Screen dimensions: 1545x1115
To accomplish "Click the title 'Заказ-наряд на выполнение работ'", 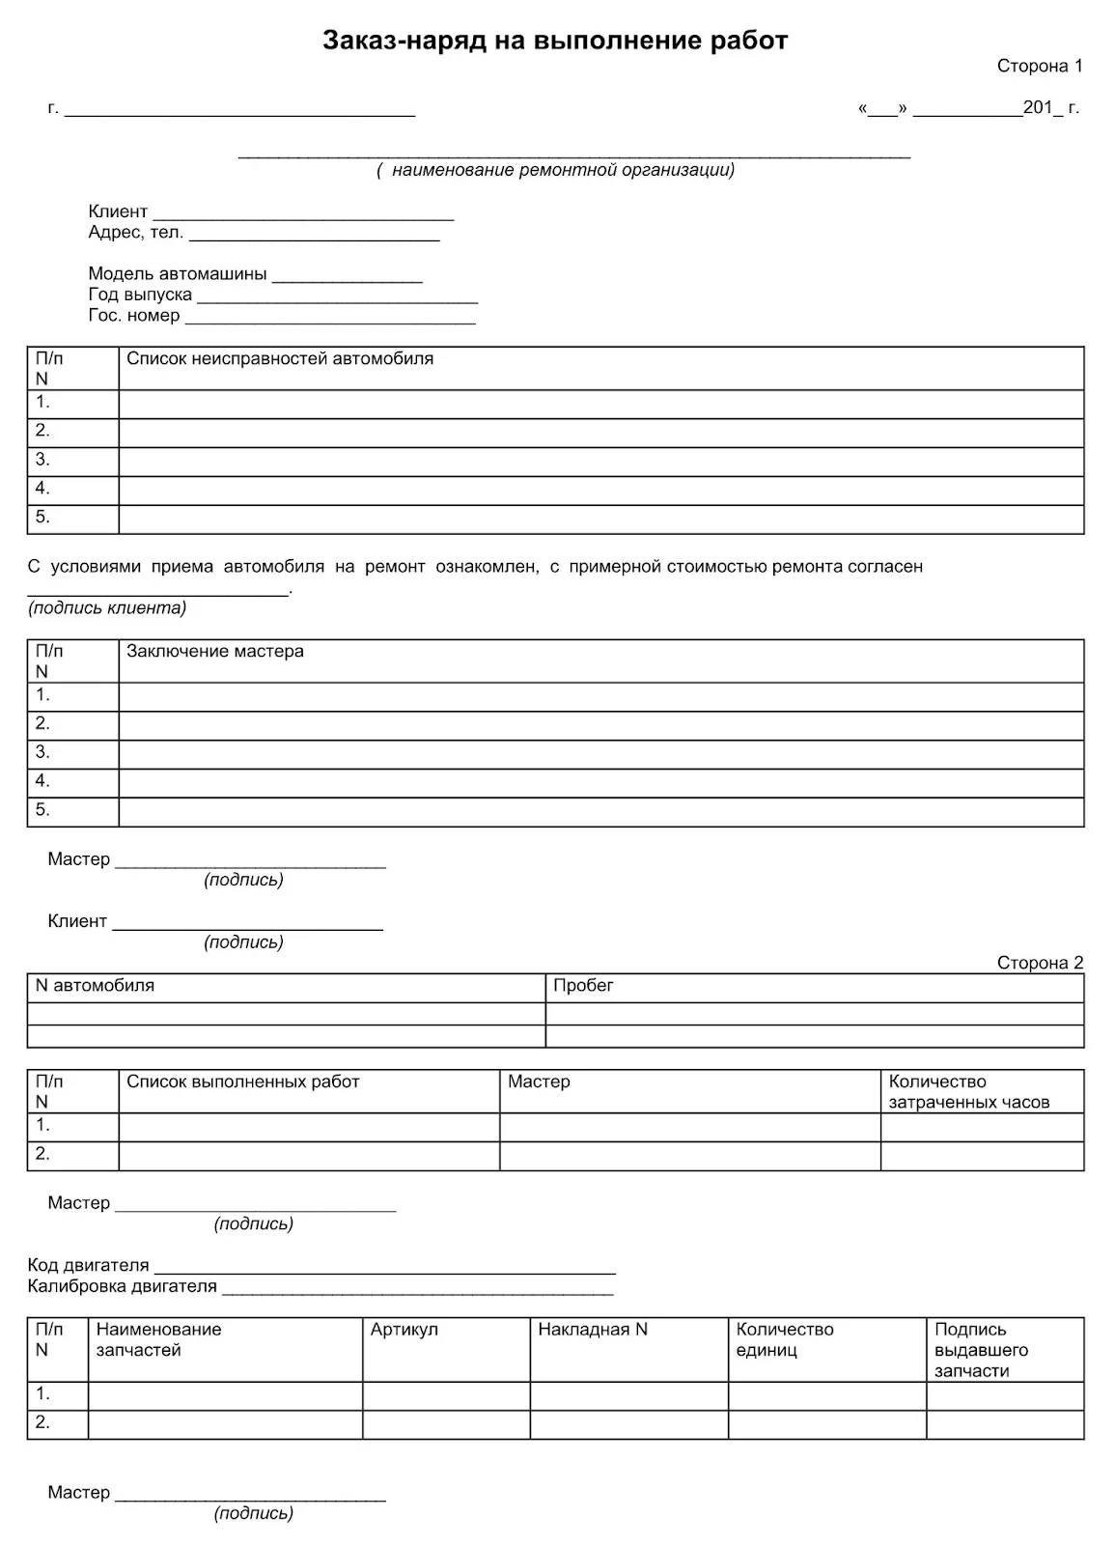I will tap(555, 41).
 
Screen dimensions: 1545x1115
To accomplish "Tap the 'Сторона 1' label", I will tap(1040, 67).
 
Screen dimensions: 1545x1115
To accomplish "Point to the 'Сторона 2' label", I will tap(1040, 963).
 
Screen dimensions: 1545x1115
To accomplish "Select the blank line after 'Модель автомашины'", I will tap(348, 278).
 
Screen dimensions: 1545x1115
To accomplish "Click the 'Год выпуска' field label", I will tap(140, 295).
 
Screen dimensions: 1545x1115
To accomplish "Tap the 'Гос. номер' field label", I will tap(134, 316).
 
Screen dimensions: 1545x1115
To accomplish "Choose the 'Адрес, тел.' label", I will tap(135, 233).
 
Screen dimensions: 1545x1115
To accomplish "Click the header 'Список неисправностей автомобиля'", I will tap(280, 359).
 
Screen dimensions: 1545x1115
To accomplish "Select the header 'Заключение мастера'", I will tap(215, 652).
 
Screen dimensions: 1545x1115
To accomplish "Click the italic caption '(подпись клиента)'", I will tap(107, 608).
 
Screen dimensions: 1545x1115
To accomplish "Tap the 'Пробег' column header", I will tap(583, 986).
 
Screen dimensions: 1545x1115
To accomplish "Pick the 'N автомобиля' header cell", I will tap(95, 986).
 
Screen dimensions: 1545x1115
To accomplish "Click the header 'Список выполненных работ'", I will tap(242, 1081).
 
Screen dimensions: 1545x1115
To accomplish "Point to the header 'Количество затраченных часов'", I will tap(968, 1092).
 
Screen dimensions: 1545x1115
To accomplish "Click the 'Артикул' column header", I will tap(404, 1330).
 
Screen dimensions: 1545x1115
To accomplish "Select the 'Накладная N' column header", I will tap(593, 1330).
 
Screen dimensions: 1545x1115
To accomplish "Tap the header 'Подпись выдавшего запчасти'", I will tap(981, 1350).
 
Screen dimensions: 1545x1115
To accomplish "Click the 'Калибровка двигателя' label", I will tap(123, 1286).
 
